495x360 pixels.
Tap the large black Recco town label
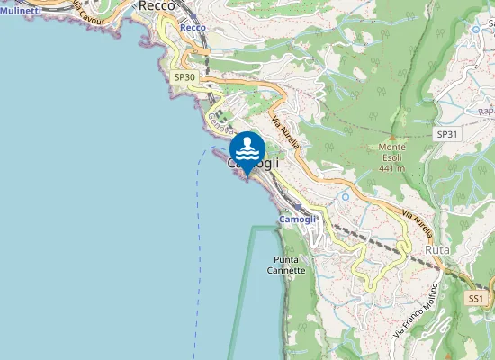[162, 5]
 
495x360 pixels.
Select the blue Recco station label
[193, 28]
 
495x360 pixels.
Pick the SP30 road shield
[184, 78]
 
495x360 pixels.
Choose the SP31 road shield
[447, 134]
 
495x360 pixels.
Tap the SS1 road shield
[476, 297]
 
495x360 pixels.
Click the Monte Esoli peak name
[391, 148]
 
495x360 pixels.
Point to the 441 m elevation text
[391, 168]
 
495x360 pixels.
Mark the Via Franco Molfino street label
[415, 311]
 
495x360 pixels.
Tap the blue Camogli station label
[297, 220]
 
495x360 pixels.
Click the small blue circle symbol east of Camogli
[345, 196]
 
